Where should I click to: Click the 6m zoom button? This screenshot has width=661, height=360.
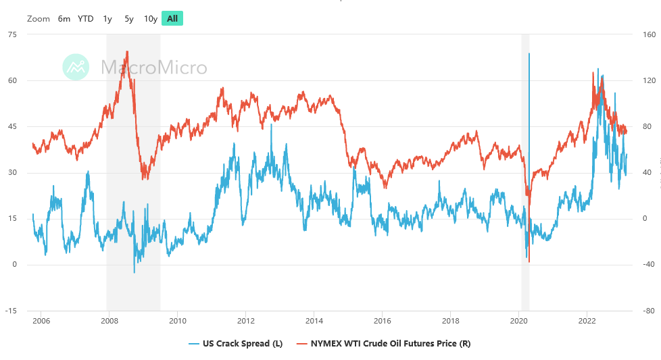click(64, 18)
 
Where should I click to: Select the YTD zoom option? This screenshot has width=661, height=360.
click(86, 18)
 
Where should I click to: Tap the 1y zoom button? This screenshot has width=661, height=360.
click(107, 18)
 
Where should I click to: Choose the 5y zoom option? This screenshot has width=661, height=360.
click(129, 18)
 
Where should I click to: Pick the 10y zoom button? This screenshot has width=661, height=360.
click(151, 18)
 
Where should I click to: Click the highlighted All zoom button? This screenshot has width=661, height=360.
click(172, 18)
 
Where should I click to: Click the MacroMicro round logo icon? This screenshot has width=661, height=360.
click(76, 67)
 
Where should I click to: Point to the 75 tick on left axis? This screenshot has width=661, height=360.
click(12, 34)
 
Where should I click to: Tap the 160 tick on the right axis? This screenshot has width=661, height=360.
click(649, 34)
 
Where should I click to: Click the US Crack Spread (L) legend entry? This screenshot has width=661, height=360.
click(233, 344)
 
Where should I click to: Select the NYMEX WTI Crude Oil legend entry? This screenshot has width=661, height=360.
click(383, 344)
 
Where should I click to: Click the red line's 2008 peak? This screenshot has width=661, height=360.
click(127, 51)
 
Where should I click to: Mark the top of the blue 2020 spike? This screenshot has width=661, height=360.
click(529, 53)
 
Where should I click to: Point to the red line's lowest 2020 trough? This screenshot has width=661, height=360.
click(529, 261)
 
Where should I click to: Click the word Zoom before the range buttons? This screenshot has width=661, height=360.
click(39, 18)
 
